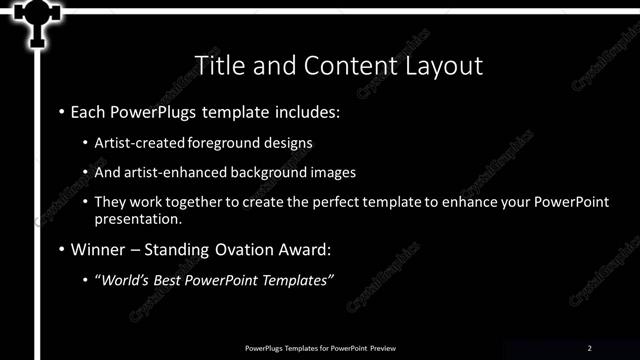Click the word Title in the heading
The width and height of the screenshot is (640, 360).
pos(217,66)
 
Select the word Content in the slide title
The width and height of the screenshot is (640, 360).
pos(340,66)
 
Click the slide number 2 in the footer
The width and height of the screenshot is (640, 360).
pos(590,347)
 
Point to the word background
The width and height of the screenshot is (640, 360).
pos(263,172)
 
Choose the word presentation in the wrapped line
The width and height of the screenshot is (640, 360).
pos(138,218)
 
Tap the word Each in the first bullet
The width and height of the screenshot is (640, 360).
pos(89,111)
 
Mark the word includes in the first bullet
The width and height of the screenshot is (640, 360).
pos(305,111)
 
